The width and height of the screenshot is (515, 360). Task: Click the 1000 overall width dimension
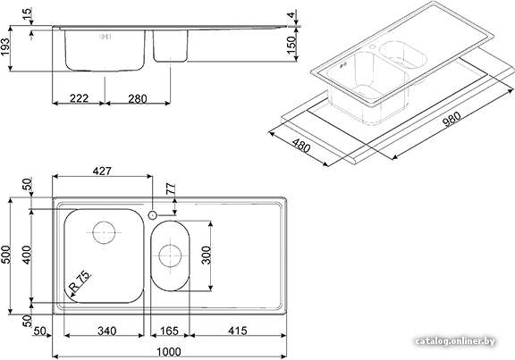(x=168, y=351)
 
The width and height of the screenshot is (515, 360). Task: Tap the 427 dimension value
(x=102, y=171)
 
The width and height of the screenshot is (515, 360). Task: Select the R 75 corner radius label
(x=80, y=281)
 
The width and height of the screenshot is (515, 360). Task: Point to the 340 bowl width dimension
(x=106, y=331)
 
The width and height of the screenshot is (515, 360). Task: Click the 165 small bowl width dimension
(x=170, y=331)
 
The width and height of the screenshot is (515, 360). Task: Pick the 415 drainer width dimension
(x=237, y=331)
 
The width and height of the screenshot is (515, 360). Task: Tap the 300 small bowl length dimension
(x=207, y=255)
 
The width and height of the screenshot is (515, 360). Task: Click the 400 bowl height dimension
(x=27, y=255)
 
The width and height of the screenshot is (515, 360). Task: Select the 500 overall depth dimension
(x=6, y=255)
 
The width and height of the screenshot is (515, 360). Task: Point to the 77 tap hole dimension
(x=171, y=189)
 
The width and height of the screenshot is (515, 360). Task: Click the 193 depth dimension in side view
(x=5, y=47)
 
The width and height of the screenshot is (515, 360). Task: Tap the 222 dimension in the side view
(x=80, y=98)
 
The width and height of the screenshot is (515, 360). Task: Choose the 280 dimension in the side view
(x=138, y=98)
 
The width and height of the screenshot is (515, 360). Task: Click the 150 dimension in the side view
(x=291, y=45)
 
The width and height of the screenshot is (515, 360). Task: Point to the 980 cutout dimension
(x=452, y=119)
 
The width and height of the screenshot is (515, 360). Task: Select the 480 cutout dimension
(x=301, y=145)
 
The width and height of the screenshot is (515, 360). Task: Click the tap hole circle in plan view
(x=152, y=215)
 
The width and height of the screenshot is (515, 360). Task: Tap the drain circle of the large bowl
(x=104, y=232)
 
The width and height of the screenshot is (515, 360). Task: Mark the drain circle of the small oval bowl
(x=170, y=255)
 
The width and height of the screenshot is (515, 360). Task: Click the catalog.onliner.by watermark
(x=455, y=341)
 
